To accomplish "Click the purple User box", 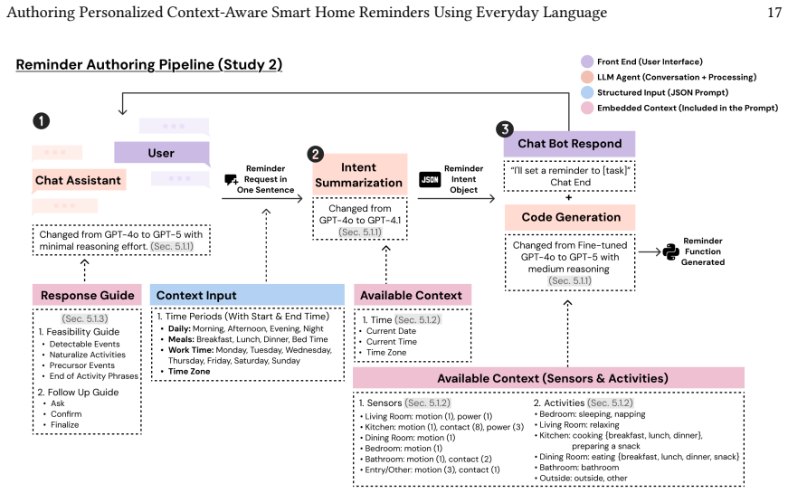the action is (x=162, y=153).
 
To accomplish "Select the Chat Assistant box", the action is (x=79, y=180).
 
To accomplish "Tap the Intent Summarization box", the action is (x=359, y=175).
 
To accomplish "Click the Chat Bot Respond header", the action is (x=569, y=144).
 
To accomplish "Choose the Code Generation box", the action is (x=570, y=217).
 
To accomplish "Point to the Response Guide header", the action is (x=87, y=295).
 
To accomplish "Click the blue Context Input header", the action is (x=247, y=295).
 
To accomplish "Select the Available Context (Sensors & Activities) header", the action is (x=548, y=378).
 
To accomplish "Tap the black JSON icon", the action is (x=430, y=179).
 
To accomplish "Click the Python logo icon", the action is (x=671, y=251).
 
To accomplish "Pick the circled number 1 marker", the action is (x=42, y=120).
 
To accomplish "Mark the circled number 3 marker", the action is (x=505, y=129).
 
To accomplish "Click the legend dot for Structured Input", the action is (x=587, y=92).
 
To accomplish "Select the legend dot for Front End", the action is (x=587, y=62).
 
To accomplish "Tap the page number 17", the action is (x=774, y=12).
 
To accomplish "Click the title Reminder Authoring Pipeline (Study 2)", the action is (x=149, y=64).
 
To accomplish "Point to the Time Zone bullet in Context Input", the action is (x=189, y=372).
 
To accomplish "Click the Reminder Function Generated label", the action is (x=703, y=251).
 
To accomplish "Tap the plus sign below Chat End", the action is (x=568, y=197).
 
